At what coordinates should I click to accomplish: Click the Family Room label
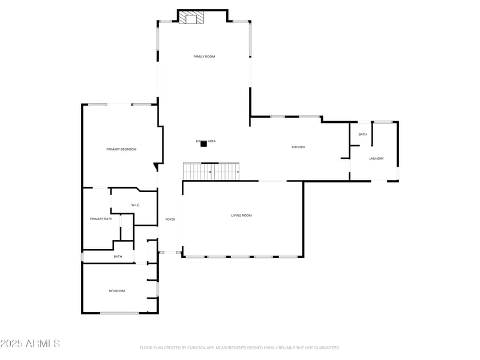(204, 56)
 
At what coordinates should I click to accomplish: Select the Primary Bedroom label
(121, 149)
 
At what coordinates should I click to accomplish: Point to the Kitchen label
(298, 147)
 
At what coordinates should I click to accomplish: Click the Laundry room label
(376, 158)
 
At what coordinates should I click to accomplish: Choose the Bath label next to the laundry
(362, 134)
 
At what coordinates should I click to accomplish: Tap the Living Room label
(241, 215)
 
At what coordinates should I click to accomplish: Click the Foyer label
(170, 220)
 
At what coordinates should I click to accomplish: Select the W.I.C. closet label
(136, 205)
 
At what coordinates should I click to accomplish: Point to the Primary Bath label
(101, 219)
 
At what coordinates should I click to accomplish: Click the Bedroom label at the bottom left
(116, 291)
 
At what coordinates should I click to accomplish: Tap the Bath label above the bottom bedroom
(118, 257)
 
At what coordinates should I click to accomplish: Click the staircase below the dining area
(211, 172)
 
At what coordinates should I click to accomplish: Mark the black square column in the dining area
(203, 144)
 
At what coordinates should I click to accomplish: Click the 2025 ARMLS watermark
(30, 344)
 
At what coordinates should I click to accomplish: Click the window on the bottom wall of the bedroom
(119, 313)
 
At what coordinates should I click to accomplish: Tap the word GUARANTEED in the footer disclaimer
(324, 348)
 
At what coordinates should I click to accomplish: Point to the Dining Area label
(206, 141)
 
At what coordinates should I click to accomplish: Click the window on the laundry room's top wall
(383, 122)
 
